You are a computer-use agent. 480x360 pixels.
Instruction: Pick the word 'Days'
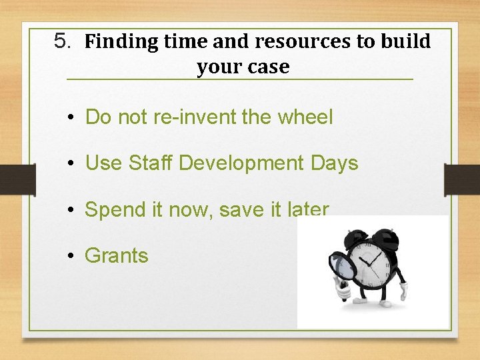(x=335, y=164)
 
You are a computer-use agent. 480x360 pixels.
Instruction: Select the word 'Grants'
(x=117, y=255)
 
